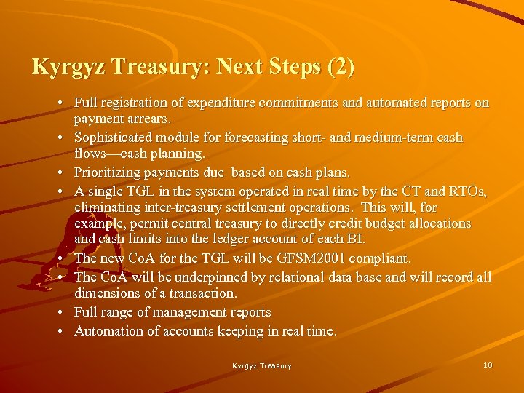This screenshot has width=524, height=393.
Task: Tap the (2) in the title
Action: tap(342, 67)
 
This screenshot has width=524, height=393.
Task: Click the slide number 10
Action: tap(488, 365)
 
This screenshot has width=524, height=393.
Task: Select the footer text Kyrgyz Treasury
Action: tap(262, 365)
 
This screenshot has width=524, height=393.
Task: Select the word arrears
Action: tap(149, 119)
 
